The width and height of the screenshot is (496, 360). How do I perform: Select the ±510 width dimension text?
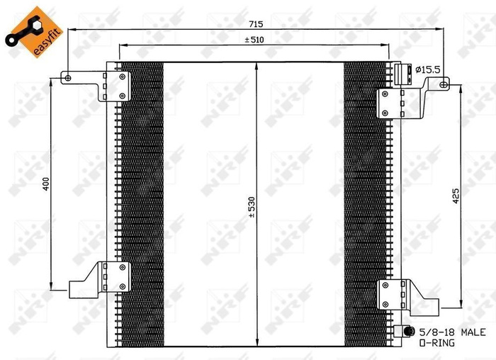[x=254, y=40]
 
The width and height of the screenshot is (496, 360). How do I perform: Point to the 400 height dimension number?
[x=45, y=183]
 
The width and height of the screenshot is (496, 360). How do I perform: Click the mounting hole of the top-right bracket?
[x=444, y=85]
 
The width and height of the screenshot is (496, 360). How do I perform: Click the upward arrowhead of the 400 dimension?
[x=52, y=80]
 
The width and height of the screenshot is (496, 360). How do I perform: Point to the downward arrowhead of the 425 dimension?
[x=463, y=299]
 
